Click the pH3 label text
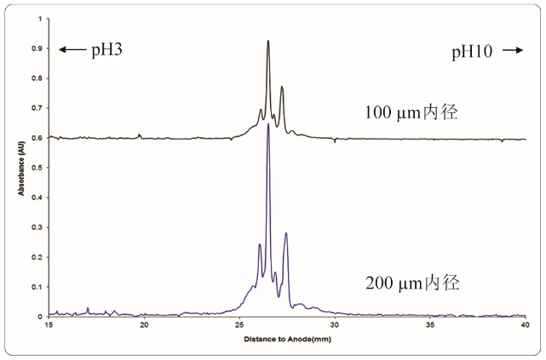pyautogui.click(x=107, y=50)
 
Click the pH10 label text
pyautogui.click(x=472, y=52)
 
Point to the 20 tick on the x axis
pyautogui.click(x=144, y=326)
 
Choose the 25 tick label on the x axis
pyautogui.click(x=239, y=326)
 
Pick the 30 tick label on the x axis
pyautogui.click(x=335, y=326)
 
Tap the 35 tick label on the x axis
pyautogui.click(x=430, y=326)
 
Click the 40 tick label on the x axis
pyautogui.click(x=525, y=326)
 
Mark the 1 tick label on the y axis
pyautogui.click(x=40, y=19)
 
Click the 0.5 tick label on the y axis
pyautogui.click(x=37, y=168)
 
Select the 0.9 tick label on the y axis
pyautogui.click(x=37, y=49)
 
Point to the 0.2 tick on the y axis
pyautogui.click(x=37, y=257)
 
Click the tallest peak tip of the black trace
pyautogui.click(x=268, y=41)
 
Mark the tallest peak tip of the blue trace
pyautogui.click(x=268, y=124)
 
